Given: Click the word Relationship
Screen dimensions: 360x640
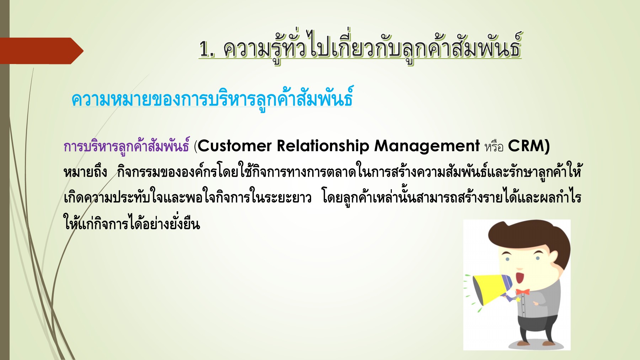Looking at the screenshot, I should pos(323,146).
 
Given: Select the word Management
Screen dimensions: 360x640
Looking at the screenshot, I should pos(427,146).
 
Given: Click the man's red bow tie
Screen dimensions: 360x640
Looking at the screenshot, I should pos(523,292).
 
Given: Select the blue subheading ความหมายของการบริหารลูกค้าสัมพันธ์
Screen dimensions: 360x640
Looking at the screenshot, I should pos(212,99).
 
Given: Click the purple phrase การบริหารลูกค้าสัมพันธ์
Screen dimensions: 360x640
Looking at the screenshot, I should pos(126,146).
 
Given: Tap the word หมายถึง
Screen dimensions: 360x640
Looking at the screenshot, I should pos(85,172).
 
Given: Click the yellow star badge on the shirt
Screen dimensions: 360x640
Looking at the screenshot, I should pos(518,300).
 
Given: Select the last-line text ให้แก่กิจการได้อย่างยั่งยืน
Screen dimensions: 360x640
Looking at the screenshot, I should pos(132,224).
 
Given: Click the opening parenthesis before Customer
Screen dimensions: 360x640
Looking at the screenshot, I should pos(196,146).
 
